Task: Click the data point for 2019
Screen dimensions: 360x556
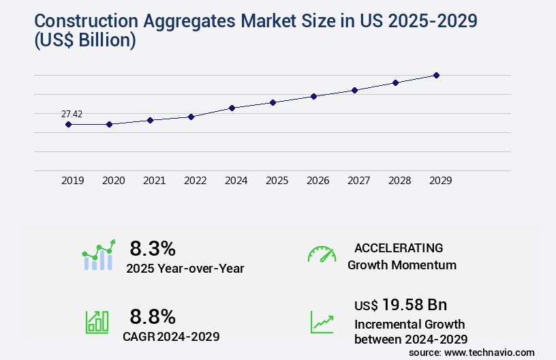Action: pyautogui.click(x=68, y=124)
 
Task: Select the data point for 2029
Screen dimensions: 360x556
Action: pyautogui.click(x=436, y=75)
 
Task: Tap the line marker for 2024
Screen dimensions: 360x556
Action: pyautogui.click(x=232, y=108)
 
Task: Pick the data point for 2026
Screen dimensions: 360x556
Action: pyautogui.click(x=313, y=96)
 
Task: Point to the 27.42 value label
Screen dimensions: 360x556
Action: pyautogui.click(x=72, y=114)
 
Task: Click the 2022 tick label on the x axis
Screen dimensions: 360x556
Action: pyautogui.click(x=195, y=181)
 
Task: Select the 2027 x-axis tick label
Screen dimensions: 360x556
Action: pyautogui.click(x=358, y=181)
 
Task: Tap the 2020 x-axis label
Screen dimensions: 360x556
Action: pyautogui.click(x=113, y=181)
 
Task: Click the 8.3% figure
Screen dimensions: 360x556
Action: pyautogui.click(x=153, y=247)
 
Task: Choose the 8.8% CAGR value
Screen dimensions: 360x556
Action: pyautogui.click(x=153, y=316)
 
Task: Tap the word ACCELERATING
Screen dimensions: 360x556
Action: pyautogui.click(x=399, y=247)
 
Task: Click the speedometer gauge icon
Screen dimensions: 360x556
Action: pyautogui.click(x=322, y=254)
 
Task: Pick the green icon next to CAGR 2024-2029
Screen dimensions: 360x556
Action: pyautogui.click(x=97, y=322)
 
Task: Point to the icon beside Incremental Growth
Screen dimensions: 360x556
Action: pyautogui.click(x=322, y=322)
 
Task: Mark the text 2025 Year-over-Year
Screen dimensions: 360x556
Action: pyautogui.click(x=185, y=268)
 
